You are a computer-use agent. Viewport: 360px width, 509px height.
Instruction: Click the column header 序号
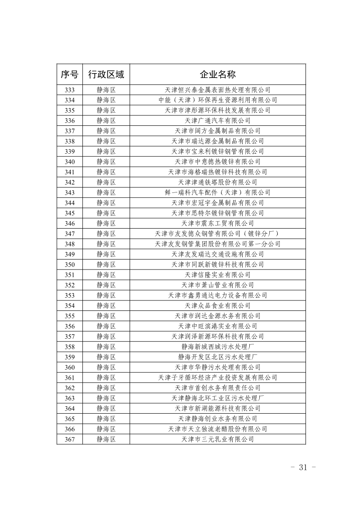click(x=69, y=74)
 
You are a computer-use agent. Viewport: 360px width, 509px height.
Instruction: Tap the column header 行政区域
click(x=106, y=74)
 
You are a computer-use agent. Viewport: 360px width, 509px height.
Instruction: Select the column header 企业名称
click(x=217, y=74)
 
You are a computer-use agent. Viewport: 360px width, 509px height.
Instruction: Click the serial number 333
click(x=69, y=90)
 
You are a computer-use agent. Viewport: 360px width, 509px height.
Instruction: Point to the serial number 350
click(x=69, y=265)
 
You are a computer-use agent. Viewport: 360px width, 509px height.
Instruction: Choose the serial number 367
click(x=69, y=439)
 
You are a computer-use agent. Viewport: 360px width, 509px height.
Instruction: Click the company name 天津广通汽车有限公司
click(x=217, y=121)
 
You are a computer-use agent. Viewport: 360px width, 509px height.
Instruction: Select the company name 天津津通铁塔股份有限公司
click(x=217, y=182)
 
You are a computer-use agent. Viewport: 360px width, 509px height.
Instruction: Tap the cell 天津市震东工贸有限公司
click(x=217, y=223)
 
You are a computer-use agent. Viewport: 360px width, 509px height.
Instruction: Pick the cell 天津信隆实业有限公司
click(x=217, y=275)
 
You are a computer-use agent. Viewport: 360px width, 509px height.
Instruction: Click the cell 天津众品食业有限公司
click(x=217, y=306)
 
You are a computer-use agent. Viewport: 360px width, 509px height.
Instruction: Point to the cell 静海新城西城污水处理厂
click(x=217, y=347)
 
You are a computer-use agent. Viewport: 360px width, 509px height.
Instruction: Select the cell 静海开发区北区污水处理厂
click(x=217, y=357)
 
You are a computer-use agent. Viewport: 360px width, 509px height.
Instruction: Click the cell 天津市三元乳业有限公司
click(x=217, y=439)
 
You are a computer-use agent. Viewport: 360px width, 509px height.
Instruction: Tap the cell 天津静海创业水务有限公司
click(x=217, y=419)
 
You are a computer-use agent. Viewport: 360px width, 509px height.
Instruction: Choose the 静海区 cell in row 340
click(x=106, y=162)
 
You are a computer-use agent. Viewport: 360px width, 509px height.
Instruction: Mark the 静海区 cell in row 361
click(x=106, y=378)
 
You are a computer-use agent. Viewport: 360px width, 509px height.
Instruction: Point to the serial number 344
click(x=69, y=203)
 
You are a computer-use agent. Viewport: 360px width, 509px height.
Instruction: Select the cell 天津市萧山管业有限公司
click(x=217, y=285)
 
